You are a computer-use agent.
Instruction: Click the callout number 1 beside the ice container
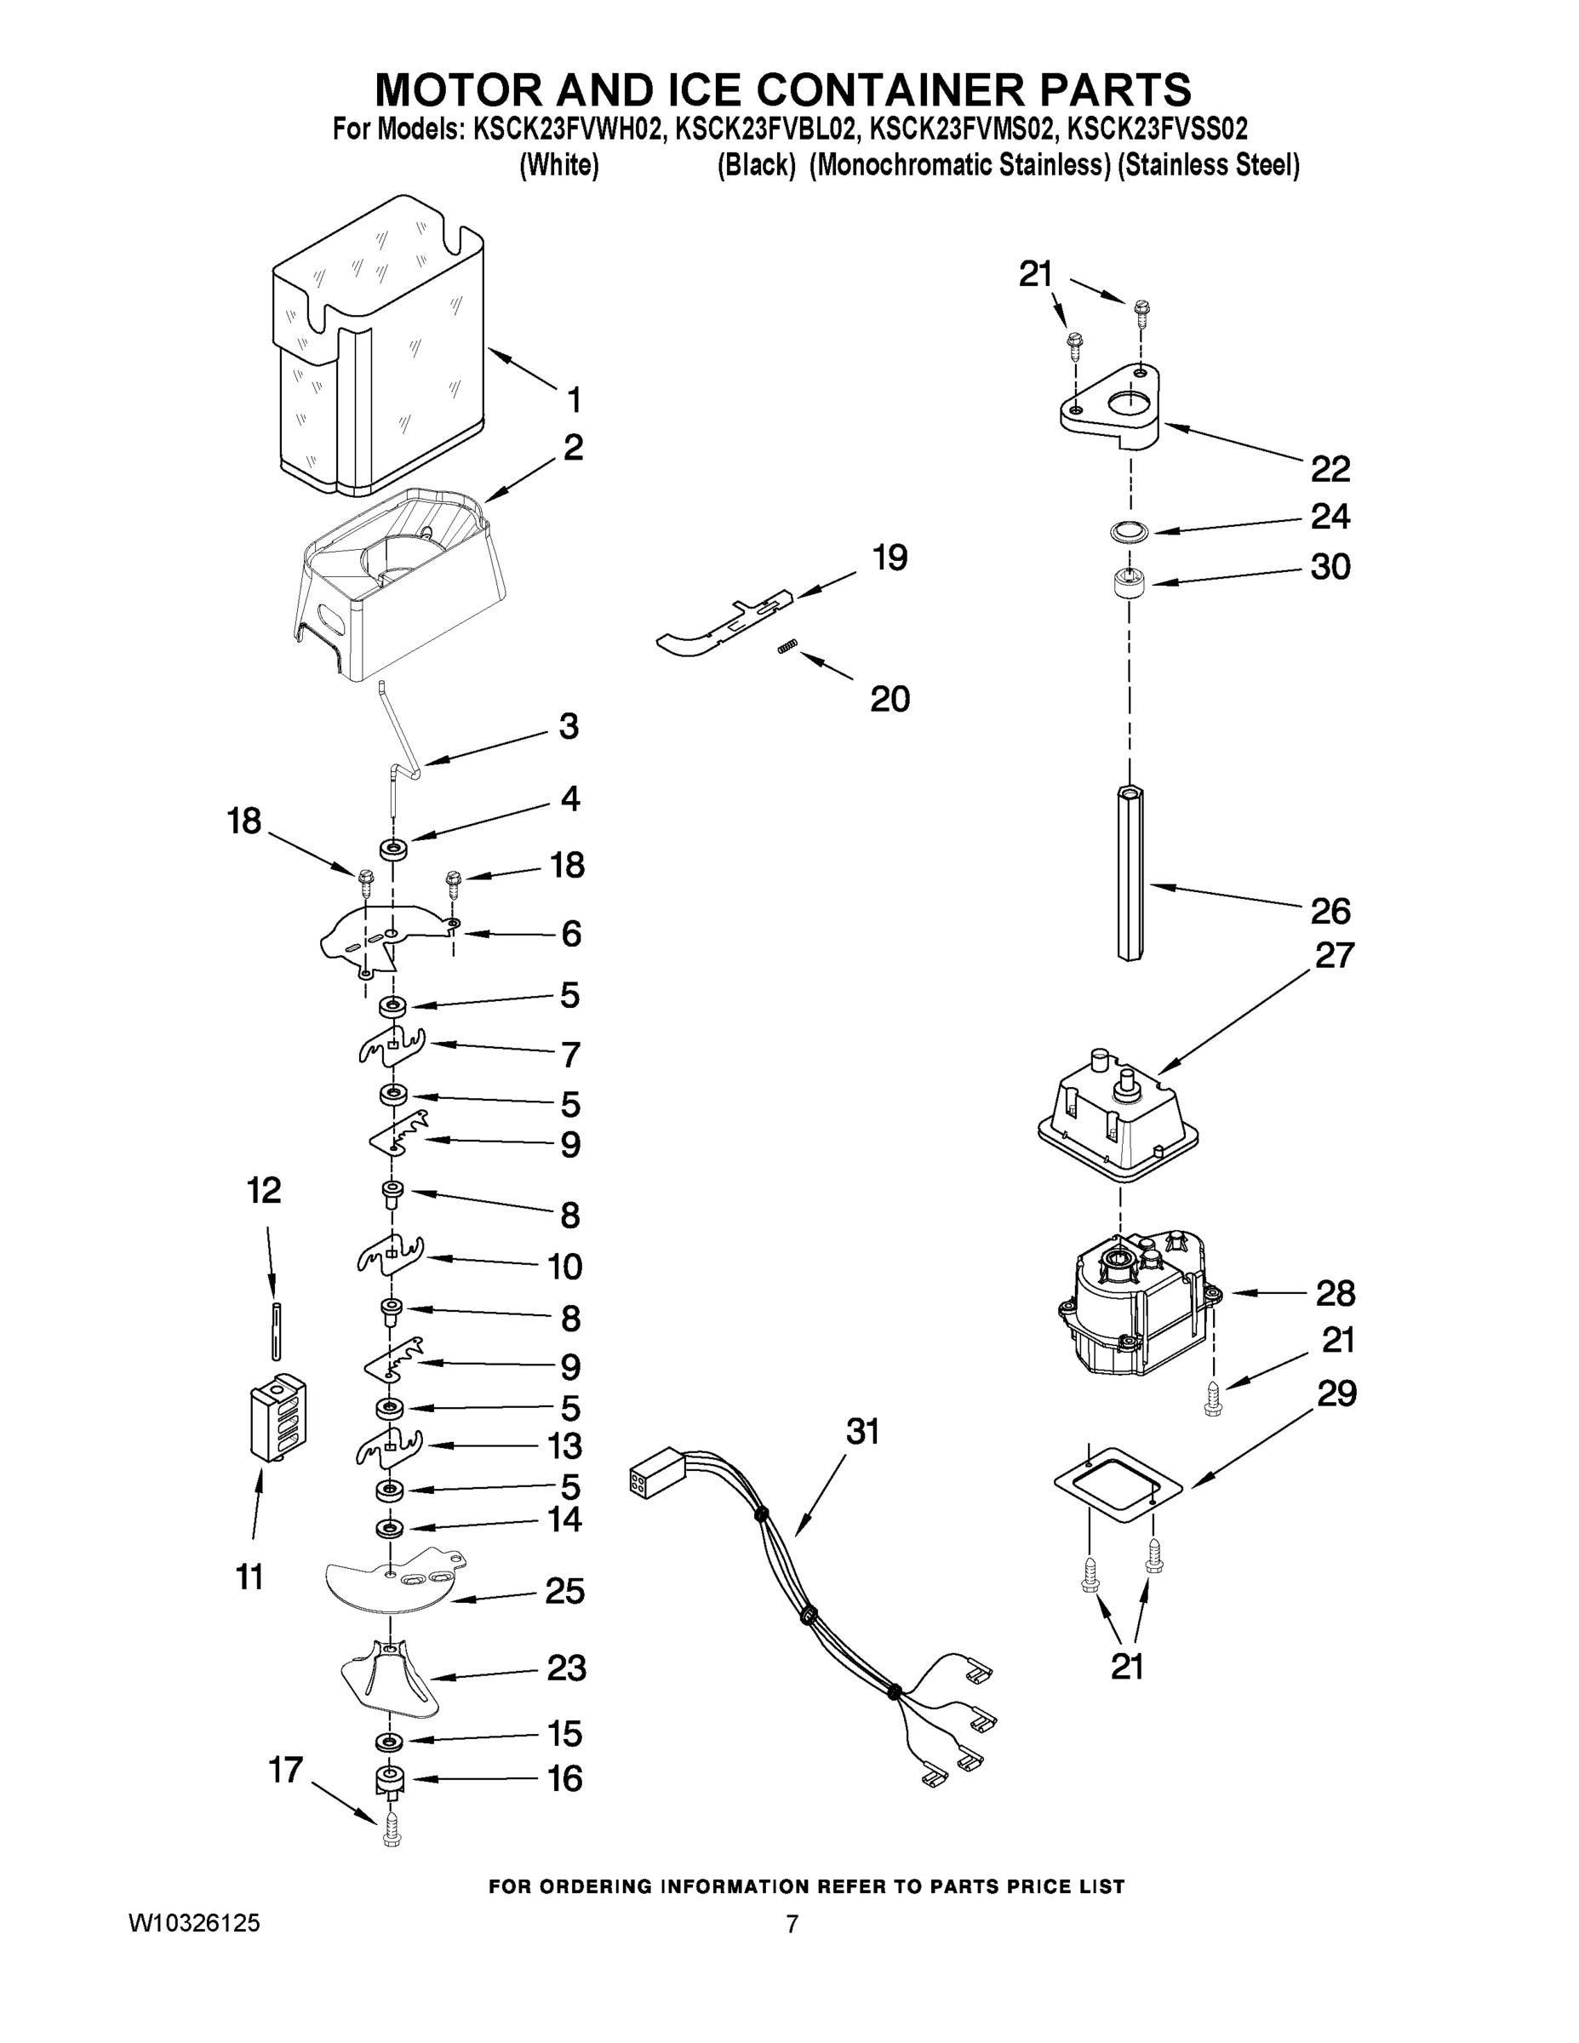(x=575, y=399)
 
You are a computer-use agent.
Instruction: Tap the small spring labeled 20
(x=787, y=647)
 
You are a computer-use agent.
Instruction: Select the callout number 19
(x=890, y=558)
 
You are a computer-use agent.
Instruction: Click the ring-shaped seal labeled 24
(x=1126, y=532)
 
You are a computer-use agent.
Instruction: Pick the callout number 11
(x=249, y=1578)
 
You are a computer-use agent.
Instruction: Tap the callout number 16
(x=566, y=1778)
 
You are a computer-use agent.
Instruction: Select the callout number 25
(x=565, y=1591)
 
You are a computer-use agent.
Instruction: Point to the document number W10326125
(x=193, y=1923)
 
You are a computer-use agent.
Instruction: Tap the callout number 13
(x=564, y=1446)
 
